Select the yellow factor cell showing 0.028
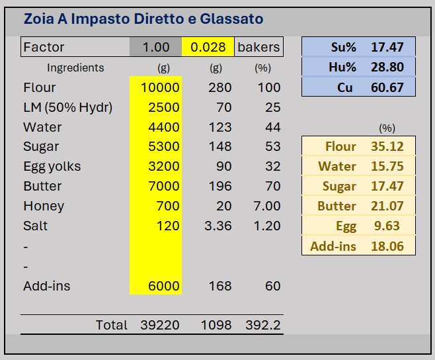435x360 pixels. [208, 47]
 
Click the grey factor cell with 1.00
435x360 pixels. [156, 47]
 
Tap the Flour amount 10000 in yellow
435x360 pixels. [159, 87]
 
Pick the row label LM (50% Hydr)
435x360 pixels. [67, 107]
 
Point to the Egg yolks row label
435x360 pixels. [52, 166]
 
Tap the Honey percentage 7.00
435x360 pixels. [267, 206]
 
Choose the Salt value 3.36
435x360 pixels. [217, 226]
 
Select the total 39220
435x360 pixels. [160, 325]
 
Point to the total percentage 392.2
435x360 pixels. [266, 325]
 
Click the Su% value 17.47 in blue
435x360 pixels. [387, 47]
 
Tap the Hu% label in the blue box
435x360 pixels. [342, 67]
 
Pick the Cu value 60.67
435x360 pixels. [387, 87]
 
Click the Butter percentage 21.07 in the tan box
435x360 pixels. [387, 206]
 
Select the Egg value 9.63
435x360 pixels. [387, 226]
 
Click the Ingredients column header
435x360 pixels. [75, 67]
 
